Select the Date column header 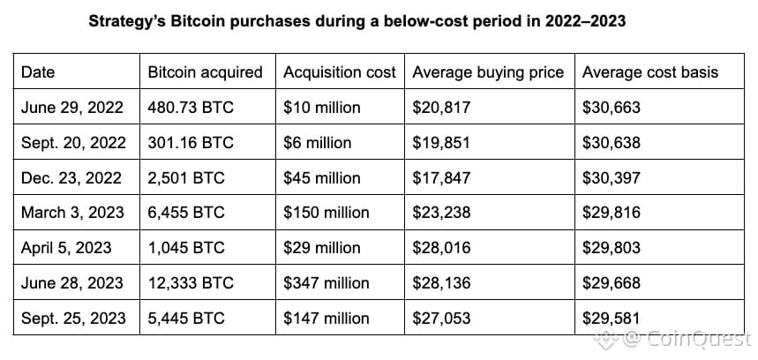tap(38, 72)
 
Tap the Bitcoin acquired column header tap(205, 72)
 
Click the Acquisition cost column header tap(340, 72)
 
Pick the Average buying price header tap(488, 72)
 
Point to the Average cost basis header tap(650, 72)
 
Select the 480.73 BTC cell tap(191, 108)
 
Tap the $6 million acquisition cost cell tap(317, 143)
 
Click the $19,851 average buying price tap(441, 143)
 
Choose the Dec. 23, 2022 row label tap(71, 178)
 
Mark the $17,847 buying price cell tap(441, 178)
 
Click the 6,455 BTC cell tap(186, 213)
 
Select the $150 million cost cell tap(326, 213)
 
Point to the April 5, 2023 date tap(66, 248)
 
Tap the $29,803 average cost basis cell tap(612, 248)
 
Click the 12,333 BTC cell tap(191, 283)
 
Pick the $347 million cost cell tap(326, 283)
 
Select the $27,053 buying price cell tap(441, 319)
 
